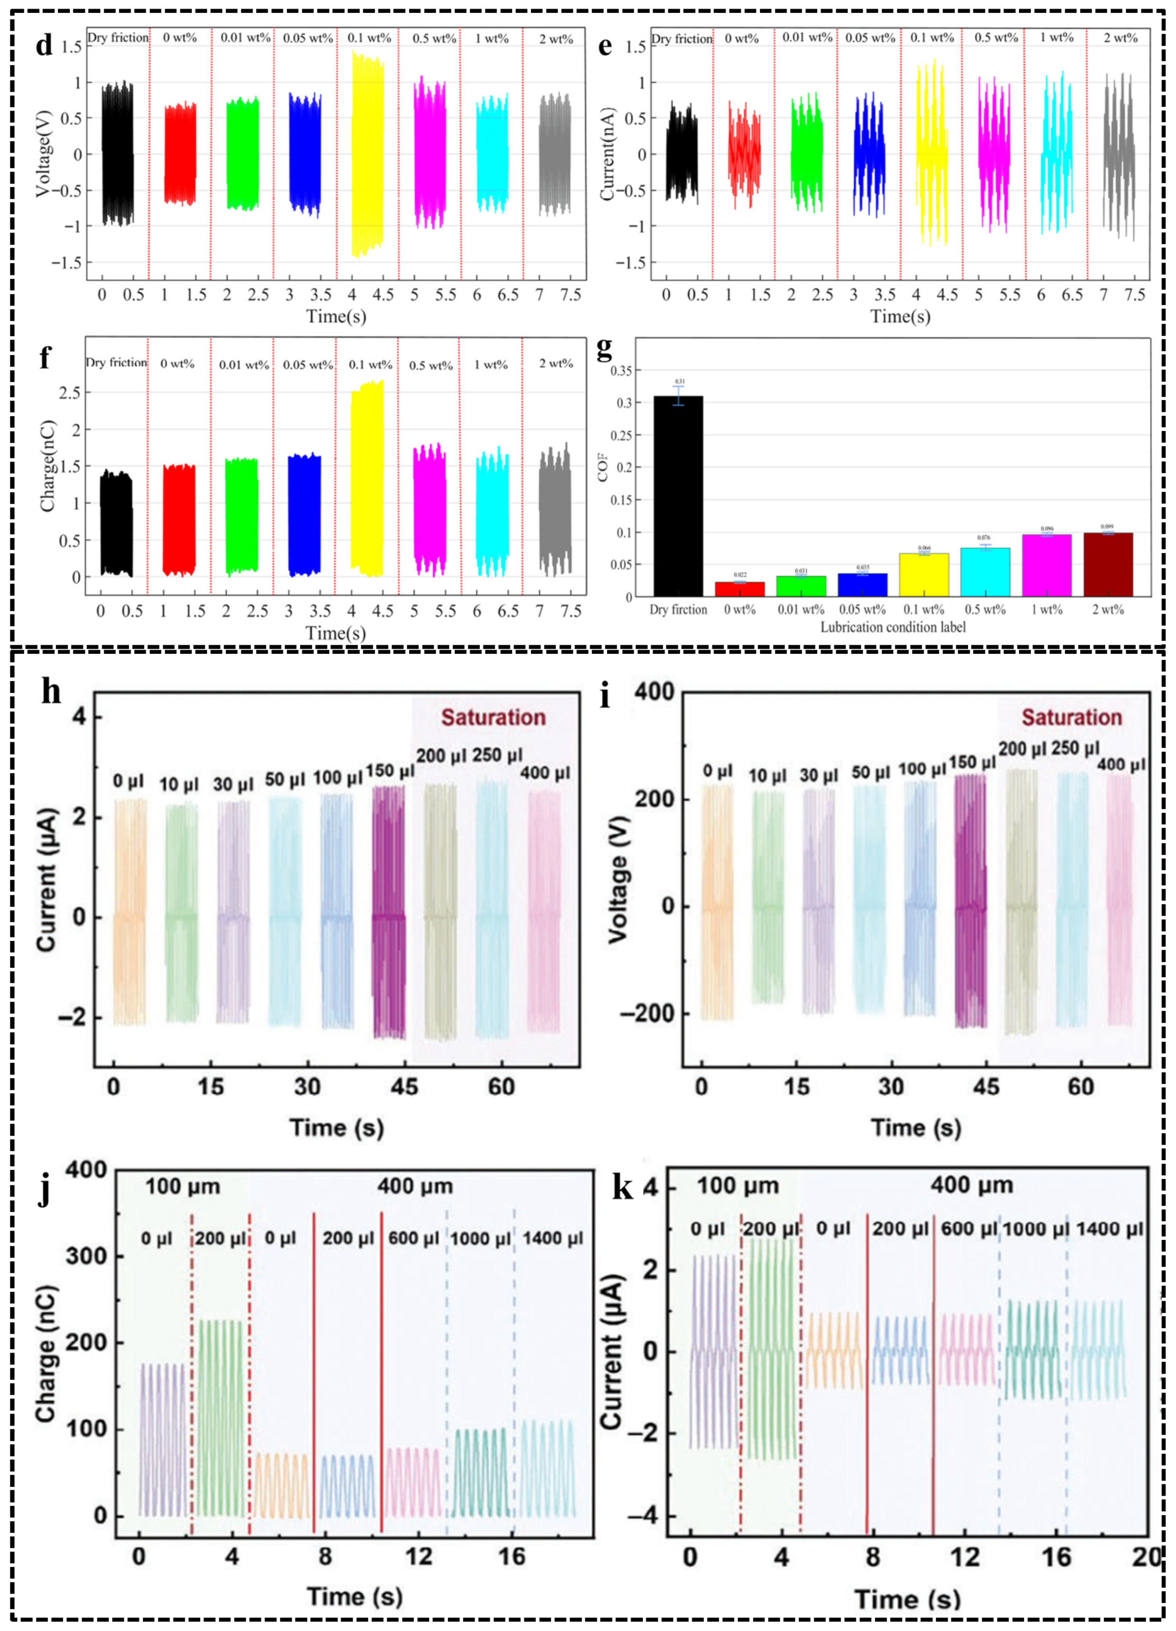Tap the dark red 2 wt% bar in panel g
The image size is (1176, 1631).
click(1108, 564)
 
